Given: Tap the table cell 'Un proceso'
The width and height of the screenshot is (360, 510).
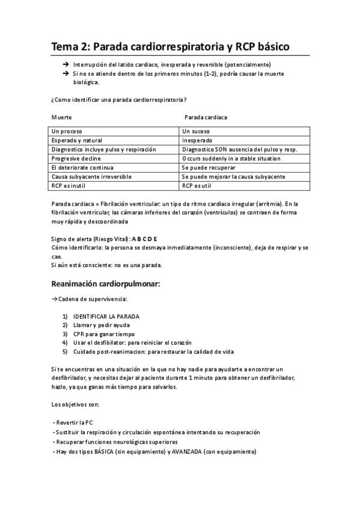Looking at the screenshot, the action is click(67, 131).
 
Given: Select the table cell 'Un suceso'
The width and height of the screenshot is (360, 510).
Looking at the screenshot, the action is click(197, 131).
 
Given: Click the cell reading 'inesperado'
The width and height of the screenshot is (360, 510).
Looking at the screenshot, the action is click(197, 140).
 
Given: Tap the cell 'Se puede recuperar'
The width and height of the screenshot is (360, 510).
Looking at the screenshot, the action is click(209, 167).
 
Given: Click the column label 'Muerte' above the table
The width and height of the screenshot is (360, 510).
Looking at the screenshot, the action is click(61, 117).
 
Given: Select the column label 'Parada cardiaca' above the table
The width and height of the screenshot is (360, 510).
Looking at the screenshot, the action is click(205, 117).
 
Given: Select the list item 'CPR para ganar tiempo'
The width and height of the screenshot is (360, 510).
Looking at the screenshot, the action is click(104, 334).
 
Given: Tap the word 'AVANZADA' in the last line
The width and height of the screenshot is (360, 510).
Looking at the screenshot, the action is click(187, 452).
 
